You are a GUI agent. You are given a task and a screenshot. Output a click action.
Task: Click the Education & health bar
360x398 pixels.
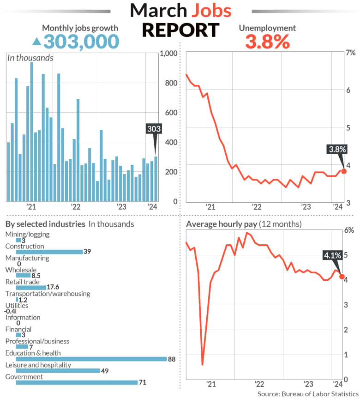tap(91, 359)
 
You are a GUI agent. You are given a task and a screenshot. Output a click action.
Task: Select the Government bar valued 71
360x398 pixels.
tap(77, 382)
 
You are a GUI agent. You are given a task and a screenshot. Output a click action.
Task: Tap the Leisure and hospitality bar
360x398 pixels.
tap(58, 370)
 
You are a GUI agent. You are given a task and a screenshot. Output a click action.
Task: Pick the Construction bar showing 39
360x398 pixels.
tap(49, 252)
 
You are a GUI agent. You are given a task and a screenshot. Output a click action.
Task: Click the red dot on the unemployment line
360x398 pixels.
tap(343, 171)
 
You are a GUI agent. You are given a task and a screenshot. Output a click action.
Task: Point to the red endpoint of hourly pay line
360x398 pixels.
tap(342, 277)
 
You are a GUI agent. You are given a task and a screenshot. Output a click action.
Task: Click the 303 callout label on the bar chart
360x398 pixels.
tap(154, 129)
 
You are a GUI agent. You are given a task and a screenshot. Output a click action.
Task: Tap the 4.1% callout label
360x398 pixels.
tap(332, 255)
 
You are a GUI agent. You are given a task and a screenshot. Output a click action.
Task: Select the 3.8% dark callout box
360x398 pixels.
tap(337, 149)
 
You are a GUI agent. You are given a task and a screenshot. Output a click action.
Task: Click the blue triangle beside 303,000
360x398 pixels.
tap(36, 42)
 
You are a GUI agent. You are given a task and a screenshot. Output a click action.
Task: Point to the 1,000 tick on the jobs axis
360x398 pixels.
tap(168, 54)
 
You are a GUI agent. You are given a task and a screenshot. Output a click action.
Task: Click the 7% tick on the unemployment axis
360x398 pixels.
tap(350, 53)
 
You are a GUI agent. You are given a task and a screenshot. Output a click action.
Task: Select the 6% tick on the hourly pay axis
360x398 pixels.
tap(349, 230)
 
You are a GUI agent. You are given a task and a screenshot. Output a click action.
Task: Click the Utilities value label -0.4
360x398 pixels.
tap(10, 311)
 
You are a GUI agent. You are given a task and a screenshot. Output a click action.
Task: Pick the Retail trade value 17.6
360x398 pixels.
tap(54, 287)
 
